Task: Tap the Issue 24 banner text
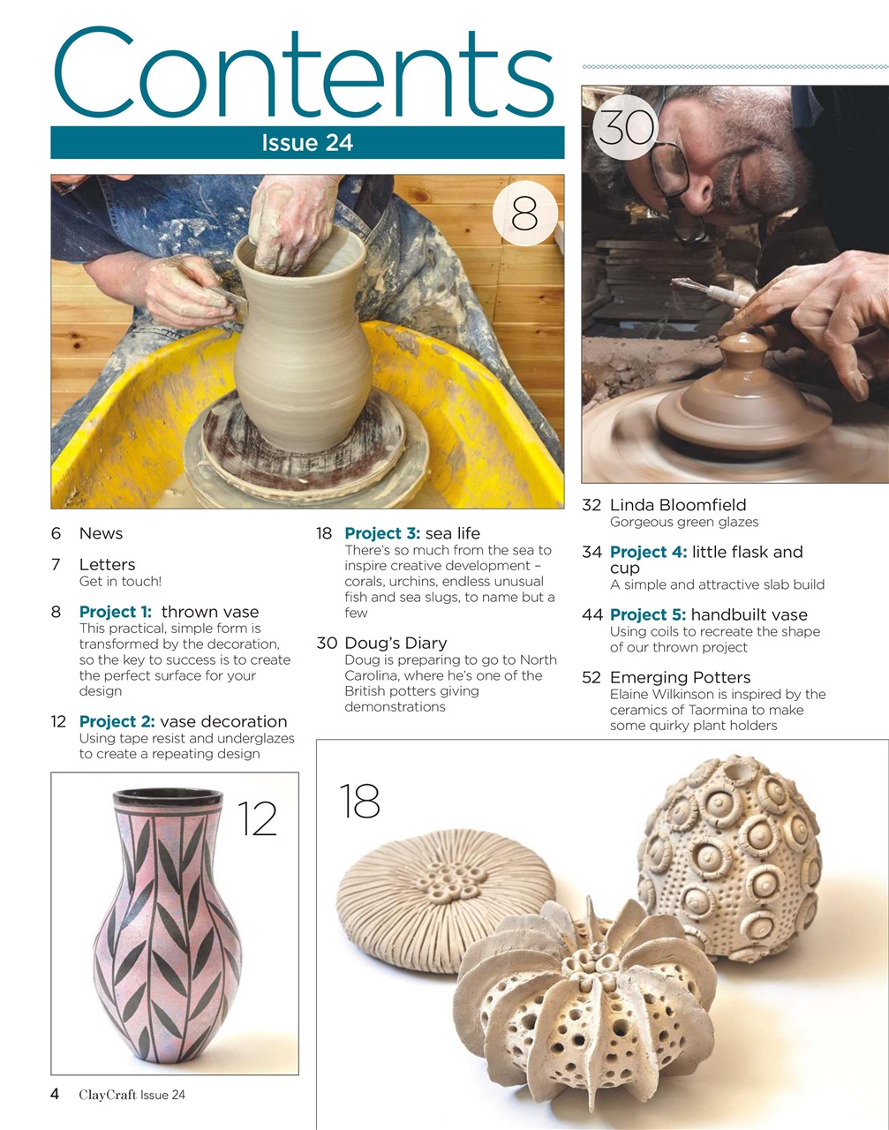tap(307, 143)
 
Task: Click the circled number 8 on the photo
tap(524, 214)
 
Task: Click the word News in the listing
tap(101, 533)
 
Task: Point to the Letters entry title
tap(107, 564)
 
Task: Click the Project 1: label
tap(115, 612)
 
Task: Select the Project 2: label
tap(117, 721)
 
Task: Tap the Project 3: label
tap(382, 533)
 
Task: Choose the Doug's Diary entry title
tap(396, 643)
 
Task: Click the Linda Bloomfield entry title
tap(677, 505)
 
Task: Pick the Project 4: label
tap(648, 552)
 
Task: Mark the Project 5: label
tap(648, 614)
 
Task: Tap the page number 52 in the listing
tap(591, 677)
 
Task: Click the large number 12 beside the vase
tap(257, 820)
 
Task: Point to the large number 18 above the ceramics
tap(359, 802)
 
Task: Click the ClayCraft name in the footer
tap(107, 1095)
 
